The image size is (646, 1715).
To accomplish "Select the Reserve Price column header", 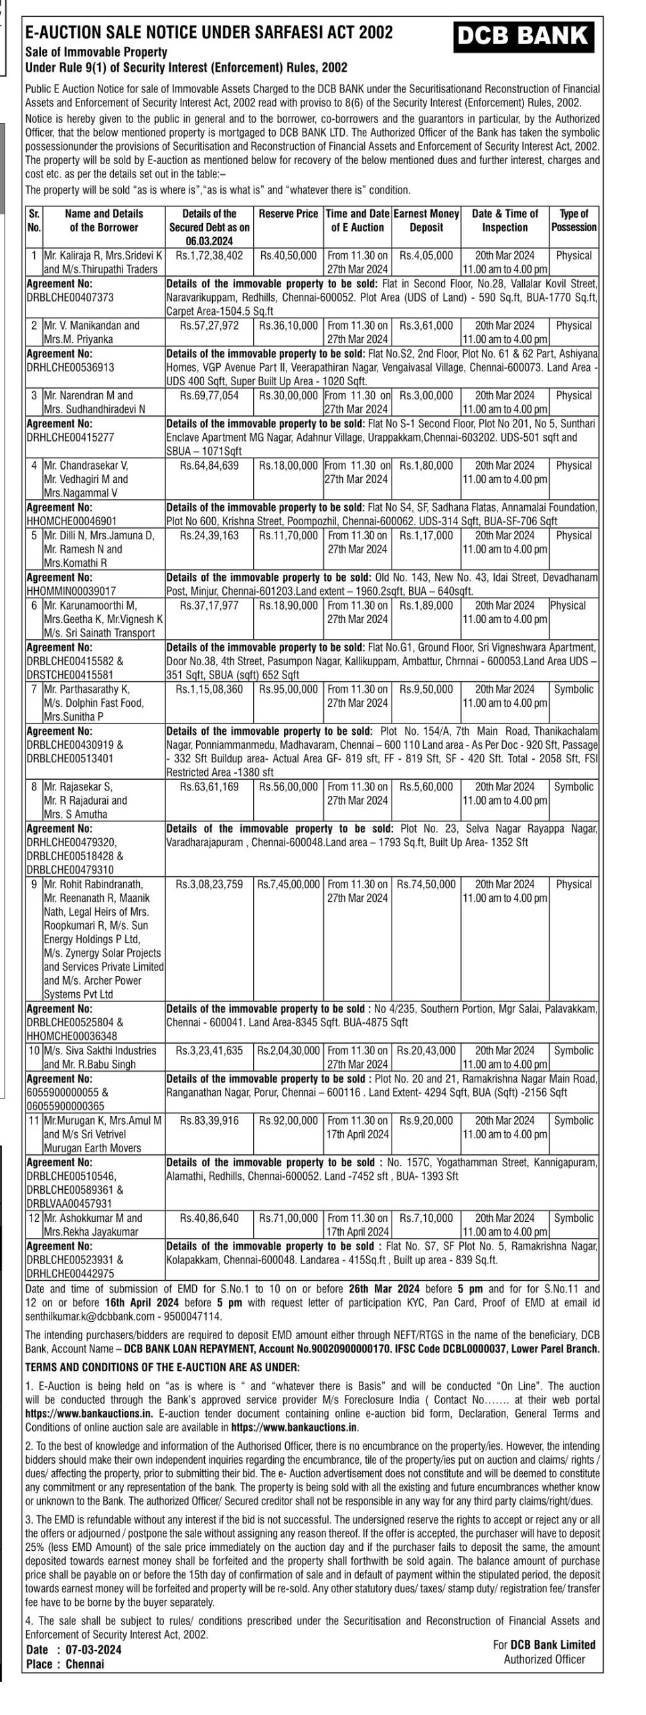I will point(289,214).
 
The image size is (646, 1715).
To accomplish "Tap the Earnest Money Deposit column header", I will point(426,220).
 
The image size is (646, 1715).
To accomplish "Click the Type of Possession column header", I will point(574,220).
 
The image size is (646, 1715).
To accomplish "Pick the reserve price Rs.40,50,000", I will point(289,256).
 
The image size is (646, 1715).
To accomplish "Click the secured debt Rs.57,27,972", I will point(209,326).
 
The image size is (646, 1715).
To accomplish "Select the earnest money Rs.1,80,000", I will point(426,466).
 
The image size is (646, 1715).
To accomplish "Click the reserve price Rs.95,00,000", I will point(289,689).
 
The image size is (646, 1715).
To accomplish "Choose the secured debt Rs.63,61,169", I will point(209,787).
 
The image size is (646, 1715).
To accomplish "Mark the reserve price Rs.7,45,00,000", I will point(289,885).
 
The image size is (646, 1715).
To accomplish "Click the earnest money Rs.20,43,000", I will point(426,1051).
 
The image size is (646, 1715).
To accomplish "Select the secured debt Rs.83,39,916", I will point(209,1121).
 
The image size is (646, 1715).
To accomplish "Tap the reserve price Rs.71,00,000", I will point(289,1219).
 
